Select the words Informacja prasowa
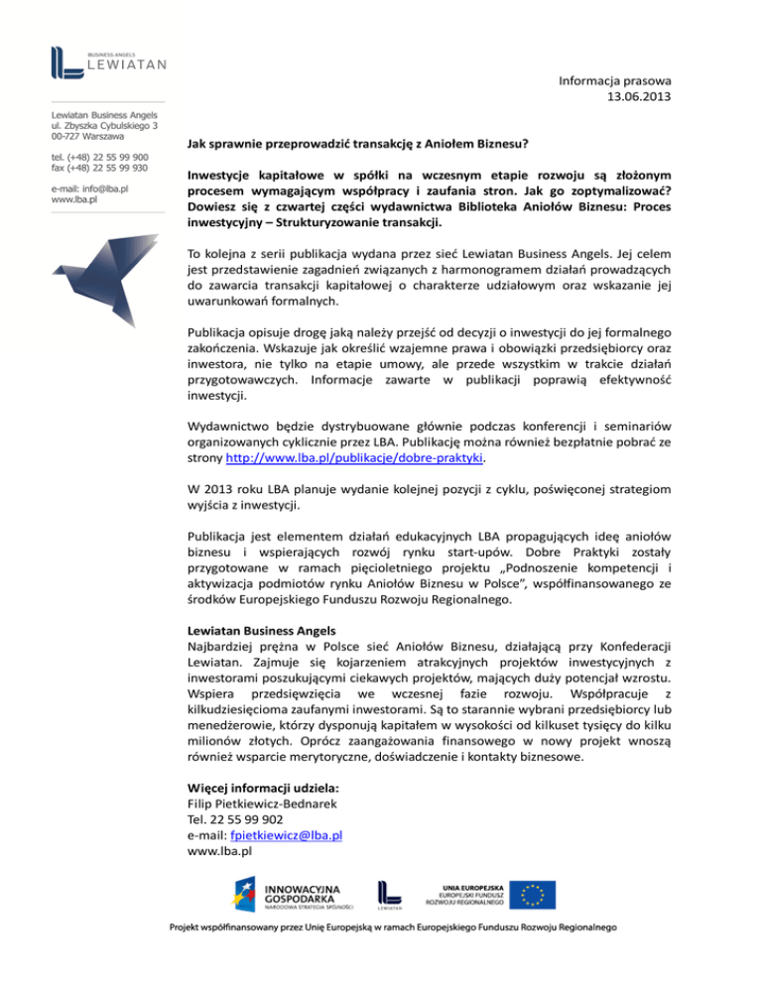pos(616,78)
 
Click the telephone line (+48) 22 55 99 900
pos(100,157)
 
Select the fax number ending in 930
pos(100,168)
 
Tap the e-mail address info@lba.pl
pos(95,188)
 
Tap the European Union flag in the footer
pos(539,893)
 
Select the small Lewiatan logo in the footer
pos(388,895)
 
